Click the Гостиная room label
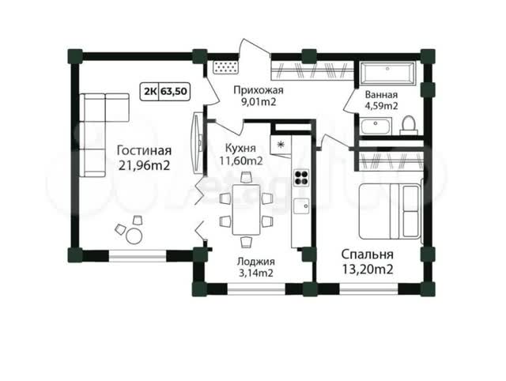[144, 151]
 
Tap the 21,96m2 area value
[144, 165]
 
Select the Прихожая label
[259, 90]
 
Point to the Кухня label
[240, 149]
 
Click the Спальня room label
[368, 255]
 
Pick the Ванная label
[381, 95]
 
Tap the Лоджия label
[256, 262]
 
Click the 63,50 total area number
[174, 92]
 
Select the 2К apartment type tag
[150, 92]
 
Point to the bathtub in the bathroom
[387, 74]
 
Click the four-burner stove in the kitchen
[301, 177]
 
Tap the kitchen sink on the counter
[301, 206]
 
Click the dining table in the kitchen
[246, 209]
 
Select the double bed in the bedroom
[391, 211]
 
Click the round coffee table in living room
[134, 236]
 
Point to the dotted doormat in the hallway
[225, 68]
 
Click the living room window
[138, 256]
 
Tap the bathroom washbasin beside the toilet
[376, 126]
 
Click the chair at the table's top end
[246, 178]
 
